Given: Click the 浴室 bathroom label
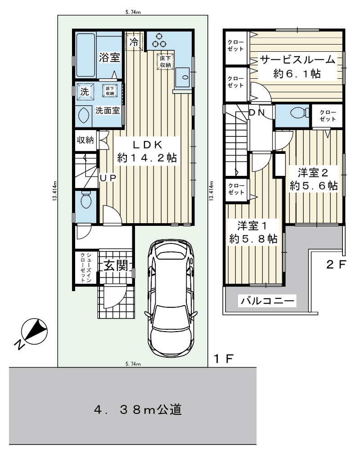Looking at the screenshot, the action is point(109,57).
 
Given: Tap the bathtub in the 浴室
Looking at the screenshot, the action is point(86,55).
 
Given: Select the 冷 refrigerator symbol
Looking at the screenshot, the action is point(134,42).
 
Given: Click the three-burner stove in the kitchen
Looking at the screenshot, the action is point(159,41).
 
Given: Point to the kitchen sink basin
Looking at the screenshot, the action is point(182,77).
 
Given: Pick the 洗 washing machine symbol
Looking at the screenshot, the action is point(85,92).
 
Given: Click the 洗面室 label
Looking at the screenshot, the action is point(108,110).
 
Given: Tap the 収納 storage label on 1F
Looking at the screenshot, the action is point(85,140).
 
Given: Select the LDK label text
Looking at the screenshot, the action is point(147,144).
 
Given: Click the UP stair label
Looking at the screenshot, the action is point(108,178).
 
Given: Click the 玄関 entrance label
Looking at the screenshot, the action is point(115,265).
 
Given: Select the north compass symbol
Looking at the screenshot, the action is point(34,332).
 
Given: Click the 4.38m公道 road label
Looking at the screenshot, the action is point(138,410).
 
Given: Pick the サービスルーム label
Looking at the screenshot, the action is point(297,60).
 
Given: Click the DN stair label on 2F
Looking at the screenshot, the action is point(257,112).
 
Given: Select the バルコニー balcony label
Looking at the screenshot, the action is point(267,301).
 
